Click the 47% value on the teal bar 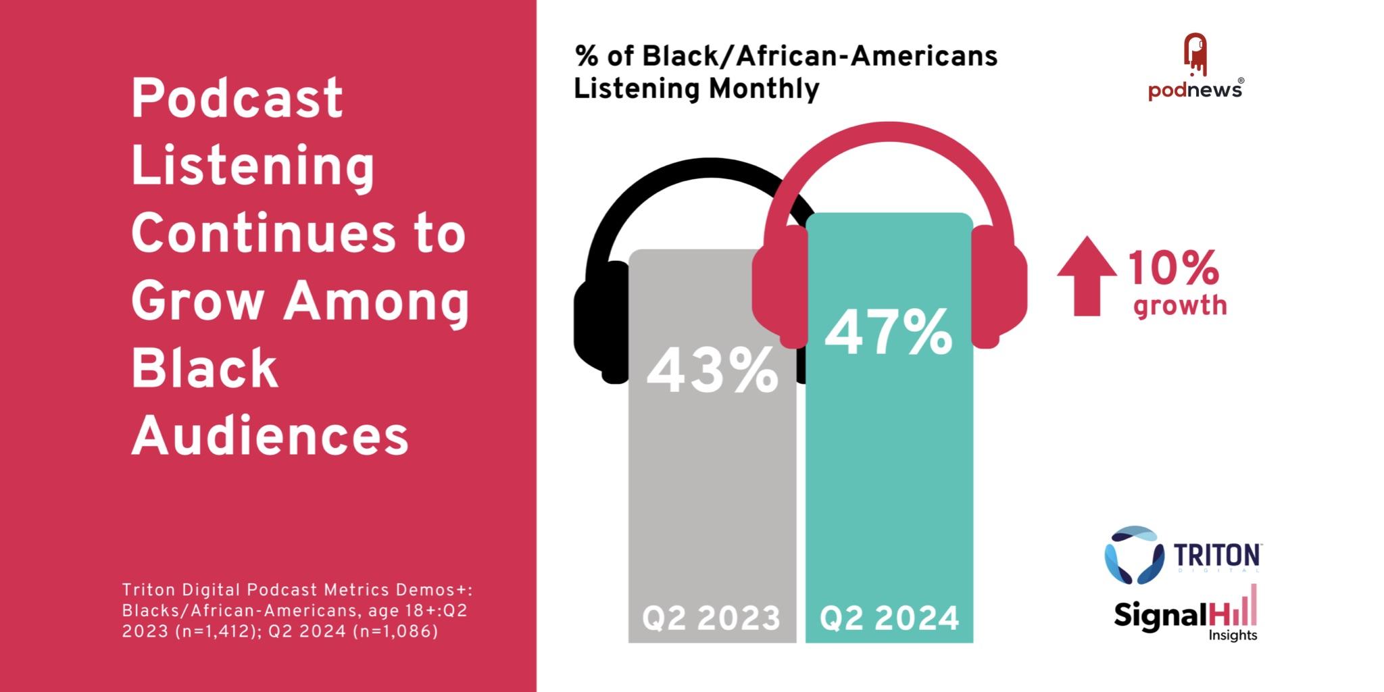pyautogui.click(x=889, y=332)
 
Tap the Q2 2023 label pyautogui.click(x=712, y=618)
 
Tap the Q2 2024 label pyautogui.click(x=889, y=618)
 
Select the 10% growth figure pyautogui.click(x=1173, y=268)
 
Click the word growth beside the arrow pyautogui.click(x=1180, y=305)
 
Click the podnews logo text pyautogui.click(x=1195, y=90)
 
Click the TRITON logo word pyautogui.click(x=1216, y=555)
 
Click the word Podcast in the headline pyautogui.click(x=237, y=99)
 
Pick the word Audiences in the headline pyautogui.click(x=270, y=436)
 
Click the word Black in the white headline pyautogui.click(x=204, y=369)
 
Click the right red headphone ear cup pyautogui.click(x=999, y=287)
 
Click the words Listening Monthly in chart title pyautogui.click(x=696, y=89)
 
